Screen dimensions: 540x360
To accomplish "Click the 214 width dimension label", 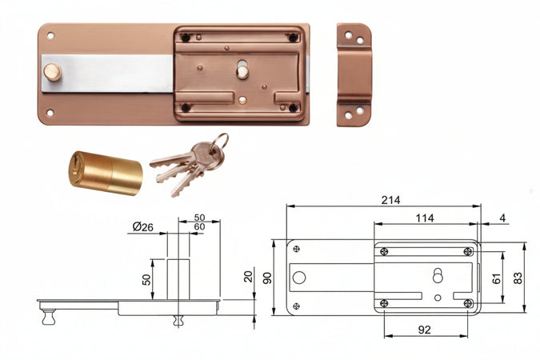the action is coord(390,200).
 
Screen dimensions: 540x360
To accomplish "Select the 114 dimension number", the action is coord(425,218).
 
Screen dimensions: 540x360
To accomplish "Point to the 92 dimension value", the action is coord(424,330).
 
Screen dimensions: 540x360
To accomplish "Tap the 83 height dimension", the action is coord(518,278).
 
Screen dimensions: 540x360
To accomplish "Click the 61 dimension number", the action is coord(496,278).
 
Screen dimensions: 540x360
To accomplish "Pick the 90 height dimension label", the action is coord(267,278).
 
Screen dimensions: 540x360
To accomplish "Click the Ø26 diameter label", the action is coord(143,227).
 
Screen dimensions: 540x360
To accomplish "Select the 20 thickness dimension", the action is coord(248,277).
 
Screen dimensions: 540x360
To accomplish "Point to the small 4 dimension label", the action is coord(503,218).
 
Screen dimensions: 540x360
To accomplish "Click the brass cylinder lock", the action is coord(106,173).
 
